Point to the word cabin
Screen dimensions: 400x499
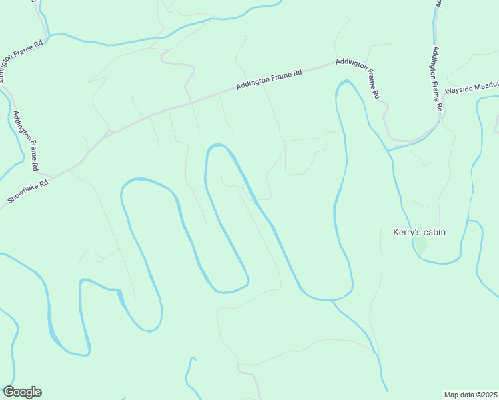(x=433, y=233)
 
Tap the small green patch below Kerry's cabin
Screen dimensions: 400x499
(x=420, y=245)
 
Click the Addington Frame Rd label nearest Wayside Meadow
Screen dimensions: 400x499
(x=437, y=79)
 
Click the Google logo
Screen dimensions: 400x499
(x=22, y=392)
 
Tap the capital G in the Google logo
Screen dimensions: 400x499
(x=8, y=392)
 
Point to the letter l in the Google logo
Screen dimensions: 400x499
(x=33, y=391)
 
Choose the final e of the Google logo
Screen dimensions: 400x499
(x=38, y=393)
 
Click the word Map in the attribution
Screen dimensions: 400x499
(x=452, y=395)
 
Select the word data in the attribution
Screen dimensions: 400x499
(x=466, y=395)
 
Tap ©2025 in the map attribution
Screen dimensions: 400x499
(x=486, y=395)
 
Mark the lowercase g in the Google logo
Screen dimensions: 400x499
(x=28, y=394)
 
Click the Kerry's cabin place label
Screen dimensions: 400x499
(x=419, y=233)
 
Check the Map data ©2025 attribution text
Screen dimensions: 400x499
(x=470, y=395)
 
